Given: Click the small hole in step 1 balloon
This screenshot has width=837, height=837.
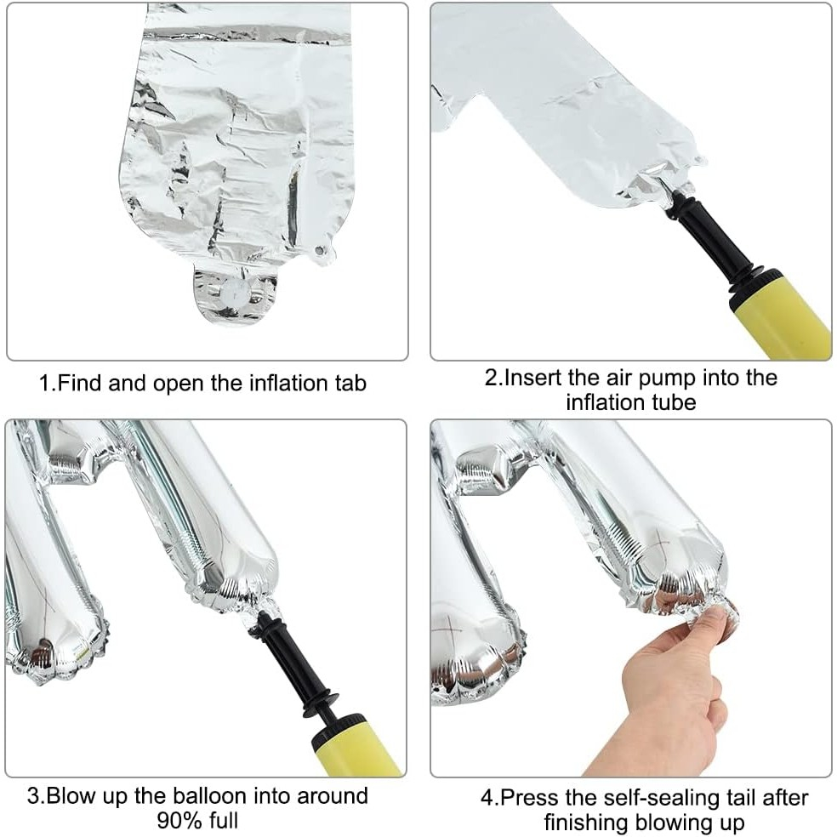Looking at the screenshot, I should [x=322, y=251].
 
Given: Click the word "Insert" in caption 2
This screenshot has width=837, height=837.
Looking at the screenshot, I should [x=535, y=377].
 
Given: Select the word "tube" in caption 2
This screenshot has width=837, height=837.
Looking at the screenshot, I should [x=674, y=401].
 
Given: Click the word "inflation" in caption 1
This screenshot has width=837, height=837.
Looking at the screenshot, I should [x=288, y=384].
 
